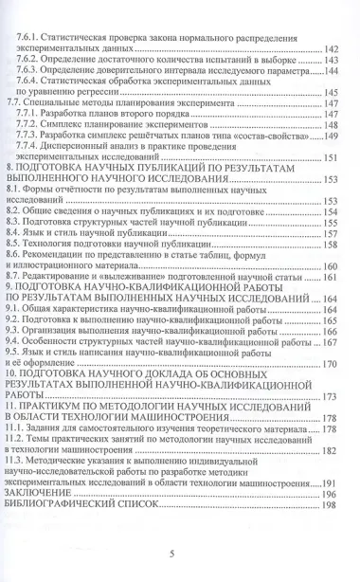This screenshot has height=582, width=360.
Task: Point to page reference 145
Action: point(332,93)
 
